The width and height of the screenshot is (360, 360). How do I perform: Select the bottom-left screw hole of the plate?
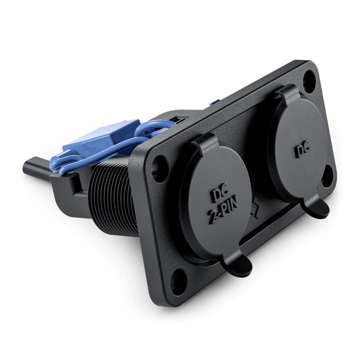click(x=177, y=282)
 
